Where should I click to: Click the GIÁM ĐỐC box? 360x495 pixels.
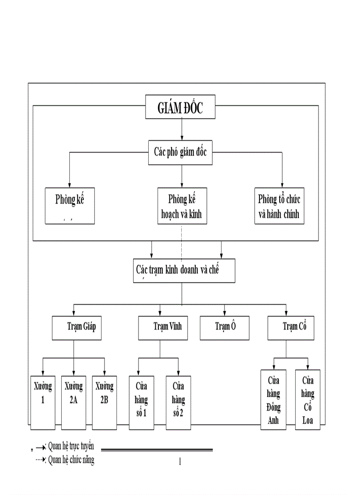pos(180,107)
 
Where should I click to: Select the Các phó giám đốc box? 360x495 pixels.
pos(180,153)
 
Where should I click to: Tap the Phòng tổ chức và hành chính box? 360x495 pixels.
pos(280,206)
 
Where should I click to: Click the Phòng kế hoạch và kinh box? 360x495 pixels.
pos(182,206)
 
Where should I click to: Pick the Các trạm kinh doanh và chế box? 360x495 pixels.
pos(184,271)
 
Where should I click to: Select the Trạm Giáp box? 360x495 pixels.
pos(76,328)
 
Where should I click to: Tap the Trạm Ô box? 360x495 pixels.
pos(225,328)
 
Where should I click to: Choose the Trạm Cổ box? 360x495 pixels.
pos(291,328)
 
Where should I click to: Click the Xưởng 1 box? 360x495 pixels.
pos(43,402)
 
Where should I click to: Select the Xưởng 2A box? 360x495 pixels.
pos(74,402)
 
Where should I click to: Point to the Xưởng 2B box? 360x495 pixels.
pos(105,402)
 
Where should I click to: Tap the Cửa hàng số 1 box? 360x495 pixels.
pos(142,402)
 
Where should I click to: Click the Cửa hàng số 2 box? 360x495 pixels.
pos(178,402)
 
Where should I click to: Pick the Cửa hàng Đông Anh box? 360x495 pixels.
pos(274,399)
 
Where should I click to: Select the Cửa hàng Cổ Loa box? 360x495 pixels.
pos(307,399)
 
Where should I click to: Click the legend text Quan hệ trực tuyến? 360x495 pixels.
pos(71,446)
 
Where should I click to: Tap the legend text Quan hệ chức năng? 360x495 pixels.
pos(71,460)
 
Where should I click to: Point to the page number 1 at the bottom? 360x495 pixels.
pos(180,462)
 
